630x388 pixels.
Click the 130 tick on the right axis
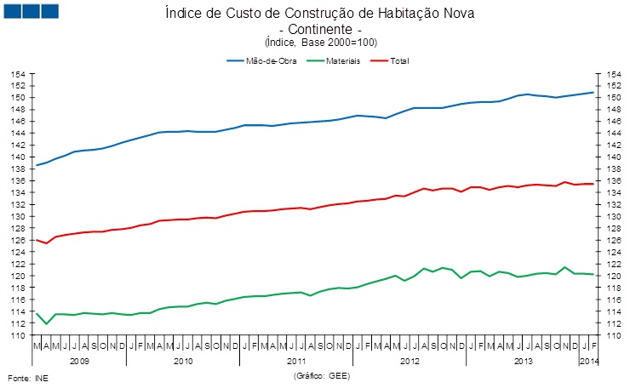click(610, 216)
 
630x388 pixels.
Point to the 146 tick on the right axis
click(610, 121)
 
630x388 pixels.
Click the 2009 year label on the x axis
click(78, 361)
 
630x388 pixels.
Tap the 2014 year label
click(588, 361)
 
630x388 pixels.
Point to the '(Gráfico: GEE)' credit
click(322, 375)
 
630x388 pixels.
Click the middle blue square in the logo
click(30, 11)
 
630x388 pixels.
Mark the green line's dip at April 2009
click(47, 324)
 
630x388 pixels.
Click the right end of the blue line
click(593, 92)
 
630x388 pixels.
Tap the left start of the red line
click(37, 240)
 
